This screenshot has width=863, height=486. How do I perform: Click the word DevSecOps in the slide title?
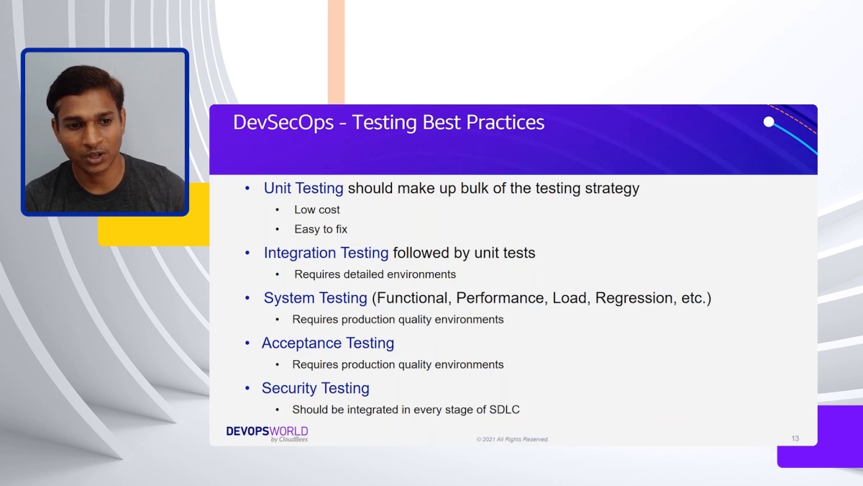click(x=283, y=122)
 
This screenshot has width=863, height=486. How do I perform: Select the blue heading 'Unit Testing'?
click(x=303, y=188)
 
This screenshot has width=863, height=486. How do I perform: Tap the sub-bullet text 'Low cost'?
click(x=316, y=210)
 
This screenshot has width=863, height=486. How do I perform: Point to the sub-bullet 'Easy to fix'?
click(x=321, y=229)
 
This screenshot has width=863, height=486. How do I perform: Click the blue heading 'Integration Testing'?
click(x=326, y=253)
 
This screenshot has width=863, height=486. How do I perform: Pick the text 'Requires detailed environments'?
click(x=375, y=274)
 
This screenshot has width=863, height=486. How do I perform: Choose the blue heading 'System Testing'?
click(x=315, y=298)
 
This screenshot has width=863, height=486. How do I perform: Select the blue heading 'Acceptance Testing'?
click(x=328, y=343)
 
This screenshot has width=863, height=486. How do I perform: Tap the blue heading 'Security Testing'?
click(x=316, y=388)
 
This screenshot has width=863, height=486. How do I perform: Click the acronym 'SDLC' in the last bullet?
click(x=504, y=410)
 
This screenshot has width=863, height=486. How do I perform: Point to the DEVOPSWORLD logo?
click(x=267, y=433)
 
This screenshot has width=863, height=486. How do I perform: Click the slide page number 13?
click(x=795, y=438)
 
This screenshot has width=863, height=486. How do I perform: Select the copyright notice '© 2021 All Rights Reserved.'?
click(x=512, y=439)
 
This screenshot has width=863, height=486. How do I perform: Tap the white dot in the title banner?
click(x=769, y=122)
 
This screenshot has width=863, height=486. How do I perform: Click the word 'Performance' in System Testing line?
click(x=500, y=298)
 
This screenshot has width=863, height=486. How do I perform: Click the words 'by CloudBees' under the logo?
click(x=289, y=439)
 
